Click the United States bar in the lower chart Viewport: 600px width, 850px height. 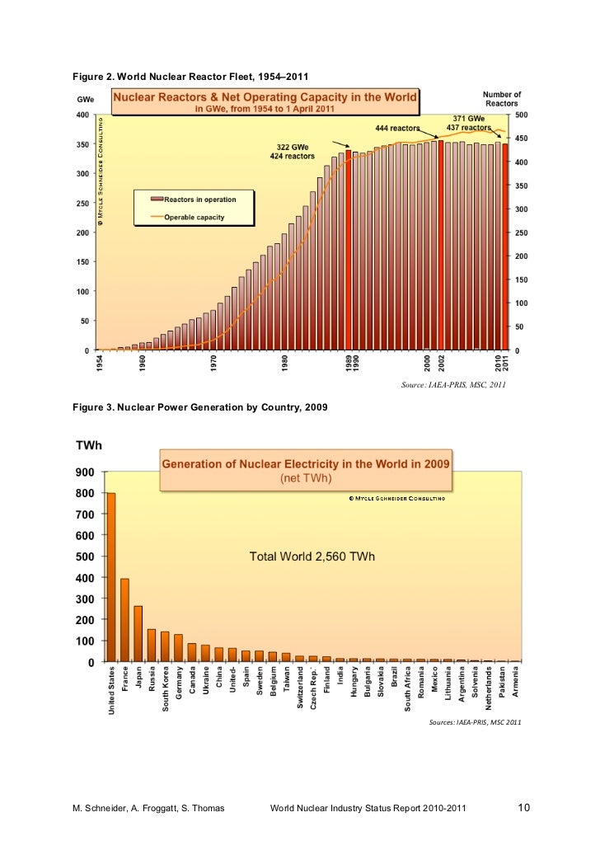click(x=110, y=576)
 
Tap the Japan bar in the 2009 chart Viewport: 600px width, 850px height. click(x=138, y=633)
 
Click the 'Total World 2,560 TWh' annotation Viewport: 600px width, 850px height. click(x=312, y=556)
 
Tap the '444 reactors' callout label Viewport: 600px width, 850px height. click(x=397, y=129)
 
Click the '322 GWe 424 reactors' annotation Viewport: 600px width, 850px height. click(x=293, y=152)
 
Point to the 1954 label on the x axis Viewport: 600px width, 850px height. click(x=100, y=364)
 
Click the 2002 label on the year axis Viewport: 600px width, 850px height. click(x=441, y=364)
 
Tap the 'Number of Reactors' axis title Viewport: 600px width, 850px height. click(x=501, y=99)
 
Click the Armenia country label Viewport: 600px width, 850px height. click(x=516, y=682)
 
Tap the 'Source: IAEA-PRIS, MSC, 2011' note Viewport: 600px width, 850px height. click(x=452, y=384)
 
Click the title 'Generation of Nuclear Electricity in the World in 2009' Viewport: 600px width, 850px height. click(x=305, y=463)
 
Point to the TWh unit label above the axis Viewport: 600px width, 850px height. click(x=89, y=445)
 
